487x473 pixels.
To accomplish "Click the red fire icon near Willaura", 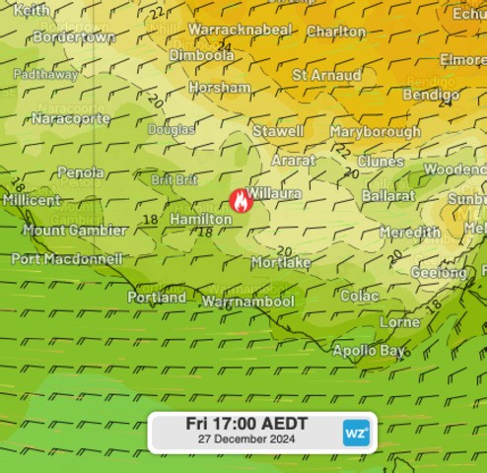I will tap(239, 201).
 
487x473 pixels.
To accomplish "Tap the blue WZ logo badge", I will tap(356, 432).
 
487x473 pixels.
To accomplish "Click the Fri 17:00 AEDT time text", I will tap(246, 424).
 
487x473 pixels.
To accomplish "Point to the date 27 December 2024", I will tap(246, 439).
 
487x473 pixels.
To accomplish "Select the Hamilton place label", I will tap(200, 219).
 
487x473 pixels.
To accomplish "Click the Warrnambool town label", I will tap(248, 302).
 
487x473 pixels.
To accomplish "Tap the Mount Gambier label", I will tap(75, 231).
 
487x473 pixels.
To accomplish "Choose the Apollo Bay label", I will tap(369, 351).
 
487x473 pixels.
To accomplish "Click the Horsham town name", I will tap(220, 88).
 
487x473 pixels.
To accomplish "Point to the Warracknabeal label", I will tap(240, 30).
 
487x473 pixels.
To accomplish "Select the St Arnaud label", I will tap(326, 75).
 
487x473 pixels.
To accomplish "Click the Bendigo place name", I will tap(430, 94).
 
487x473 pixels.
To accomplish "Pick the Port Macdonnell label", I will tap(67, 259).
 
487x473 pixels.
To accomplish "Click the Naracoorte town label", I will tap(68, 118).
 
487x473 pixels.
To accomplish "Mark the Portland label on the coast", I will tap(157, 297).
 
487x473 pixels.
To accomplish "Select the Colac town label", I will tap(359, 295).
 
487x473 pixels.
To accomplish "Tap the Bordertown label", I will tap(74, 36).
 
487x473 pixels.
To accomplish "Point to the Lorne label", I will tap(399, 322).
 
